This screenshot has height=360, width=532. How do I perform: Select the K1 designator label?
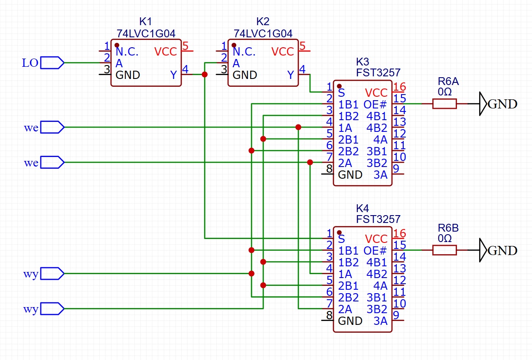pos(146,22)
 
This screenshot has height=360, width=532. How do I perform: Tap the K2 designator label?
pos(263,22)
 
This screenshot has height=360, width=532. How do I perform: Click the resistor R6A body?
pos(444,104)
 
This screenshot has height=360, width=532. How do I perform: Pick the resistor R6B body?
pos(444,250)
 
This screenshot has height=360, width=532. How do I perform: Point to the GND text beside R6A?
pos(503,104)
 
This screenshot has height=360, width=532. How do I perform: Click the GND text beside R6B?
pos(503,251)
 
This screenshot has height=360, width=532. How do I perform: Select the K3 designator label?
pos(362,61)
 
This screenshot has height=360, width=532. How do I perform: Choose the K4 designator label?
pos(362,207)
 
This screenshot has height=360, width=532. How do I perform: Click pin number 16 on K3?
pos(399,87)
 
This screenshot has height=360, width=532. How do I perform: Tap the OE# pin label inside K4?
pos(375,251)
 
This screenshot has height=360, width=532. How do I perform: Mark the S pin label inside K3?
pos(342,93)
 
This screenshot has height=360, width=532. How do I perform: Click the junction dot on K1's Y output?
pos(205,75)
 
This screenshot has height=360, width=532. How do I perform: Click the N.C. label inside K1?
pos(127,52)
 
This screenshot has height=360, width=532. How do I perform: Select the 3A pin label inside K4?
pos(380,321)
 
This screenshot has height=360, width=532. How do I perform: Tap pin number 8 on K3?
pos(329,168)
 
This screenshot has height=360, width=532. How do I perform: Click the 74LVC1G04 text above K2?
pos(263,33)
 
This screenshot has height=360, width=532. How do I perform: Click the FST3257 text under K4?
pos(378,219)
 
